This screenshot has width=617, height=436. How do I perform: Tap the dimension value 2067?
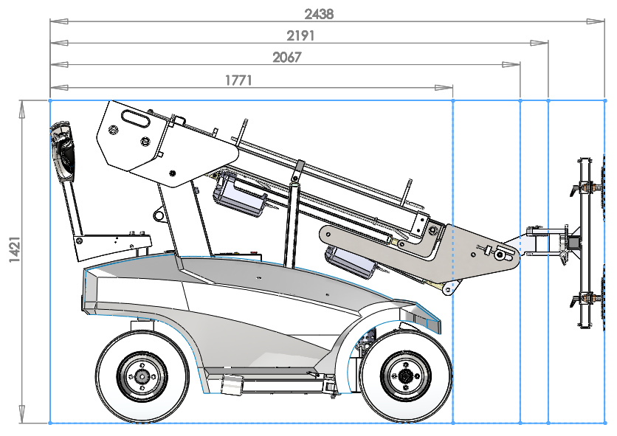pos(286,57)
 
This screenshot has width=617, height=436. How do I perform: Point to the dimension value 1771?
pos(238,80)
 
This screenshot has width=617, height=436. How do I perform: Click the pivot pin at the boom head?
pos(501,255)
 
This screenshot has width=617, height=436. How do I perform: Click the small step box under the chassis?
pos(232,382)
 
